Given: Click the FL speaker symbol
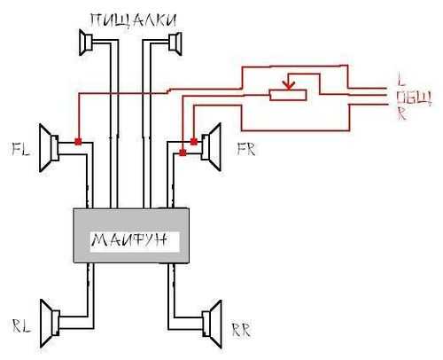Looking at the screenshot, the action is tap(49, 148).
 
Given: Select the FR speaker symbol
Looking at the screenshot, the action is tap(211, 147).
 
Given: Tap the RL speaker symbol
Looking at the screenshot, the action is tap(51, 324).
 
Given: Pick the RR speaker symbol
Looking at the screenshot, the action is tap(212, 325).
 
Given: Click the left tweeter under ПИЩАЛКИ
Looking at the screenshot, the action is tap(86, 42).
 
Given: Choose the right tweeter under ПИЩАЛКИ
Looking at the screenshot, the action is tap(175, 43).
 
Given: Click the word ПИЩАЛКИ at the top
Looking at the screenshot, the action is tap(134, 20).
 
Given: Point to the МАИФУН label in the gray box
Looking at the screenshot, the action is tap(129, 240).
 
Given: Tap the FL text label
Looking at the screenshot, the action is tap(20, 149).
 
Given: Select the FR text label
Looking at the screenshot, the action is tap(246, 149).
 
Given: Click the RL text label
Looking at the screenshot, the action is tap(21, 325).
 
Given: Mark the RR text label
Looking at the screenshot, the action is tap(241, 330).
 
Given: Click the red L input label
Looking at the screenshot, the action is tap(400, 79).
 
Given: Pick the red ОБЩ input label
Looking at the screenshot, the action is tap(414, 98).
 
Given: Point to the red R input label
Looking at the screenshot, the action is tap(401, 113).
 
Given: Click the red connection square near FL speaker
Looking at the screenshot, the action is tap(78, 142).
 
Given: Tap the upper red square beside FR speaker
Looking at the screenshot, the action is tap(194, 142).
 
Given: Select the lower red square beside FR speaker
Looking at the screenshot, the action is tap(183, 153).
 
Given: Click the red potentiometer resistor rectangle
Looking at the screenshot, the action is tap(288, 95).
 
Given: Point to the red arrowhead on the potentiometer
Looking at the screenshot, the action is tap(289, 85).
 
